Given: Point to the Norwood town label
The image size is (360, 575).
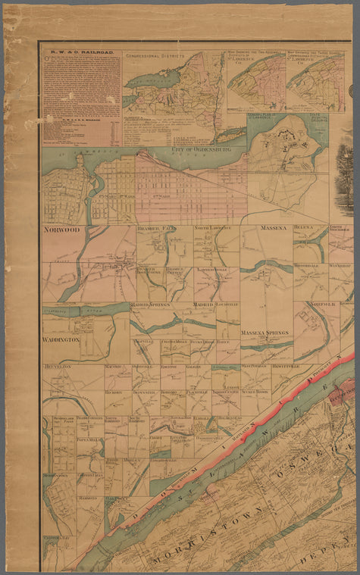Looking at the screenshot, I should [62, 229].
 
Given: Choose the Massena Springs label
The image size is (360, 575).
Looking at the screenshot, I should [265, 333].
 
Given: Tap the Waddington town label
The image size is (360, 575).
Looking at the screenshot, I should [61, 340].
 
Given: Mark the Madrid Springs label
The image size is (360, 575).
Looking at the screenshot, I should [149, 305].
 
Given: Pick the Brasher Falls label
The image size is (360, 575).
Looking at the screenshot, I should [156, 228].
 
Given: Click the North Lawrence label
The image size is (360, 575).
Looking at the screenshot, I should [212, 228].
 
